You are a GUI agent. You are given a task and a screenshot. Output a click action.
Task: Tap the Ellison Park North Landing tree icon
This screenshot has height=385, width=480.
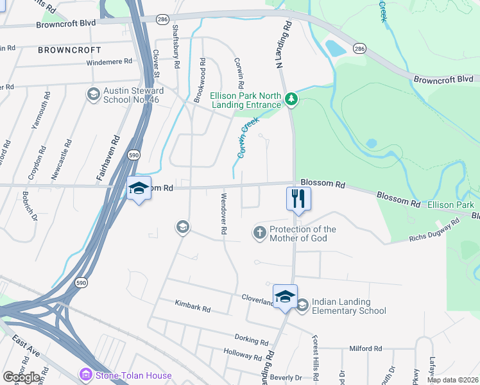[x=292, y=98]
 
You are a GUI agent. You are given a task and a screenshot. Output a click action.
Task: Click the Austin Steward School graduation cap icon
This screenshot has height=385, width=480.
[x=94, y=94]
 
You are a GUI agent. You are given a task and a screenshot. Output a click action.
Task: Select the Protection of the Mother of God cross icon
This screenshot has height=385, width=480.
[x=260, y=232]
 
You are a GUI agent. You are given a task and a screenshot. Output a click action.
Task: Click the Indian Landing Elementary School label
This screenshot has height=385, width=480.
[x=348, y=306]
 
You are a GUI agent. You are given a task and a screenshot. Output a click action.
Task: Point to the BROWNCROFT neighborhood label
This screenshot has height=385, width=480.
[x=69, y=49]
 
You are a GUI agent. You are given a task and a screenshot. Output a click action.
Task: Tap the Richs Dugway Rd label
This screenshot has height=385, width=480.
[x=435, y=231]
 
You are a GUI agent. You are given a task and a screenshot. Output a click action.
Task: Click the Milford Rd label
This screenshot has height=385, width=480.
[x=365, y=348]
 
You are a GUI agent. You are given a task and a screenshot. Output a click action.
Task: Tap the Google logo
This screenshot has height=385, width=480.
[x=22, y=377]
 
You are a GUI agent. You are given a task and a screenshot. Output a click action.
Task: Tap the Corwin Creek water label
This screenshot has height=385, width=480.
[x=248, y=137]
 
